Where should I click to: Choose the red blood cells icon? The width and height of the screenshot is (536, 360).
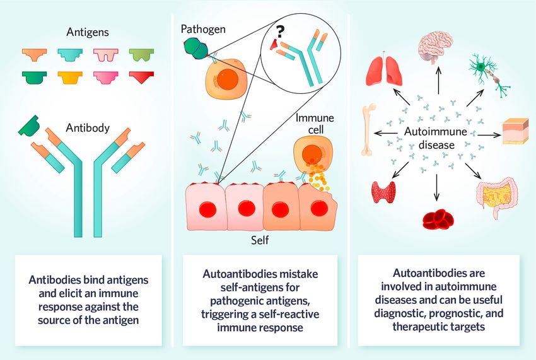(x=436, y=217)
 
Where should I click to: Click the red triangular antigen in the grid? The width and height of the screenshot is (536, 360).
(x=143, y=76)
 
